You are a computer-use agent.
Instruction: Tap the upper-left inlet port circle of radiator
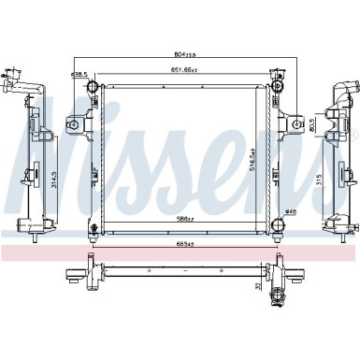pos(93,87)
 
